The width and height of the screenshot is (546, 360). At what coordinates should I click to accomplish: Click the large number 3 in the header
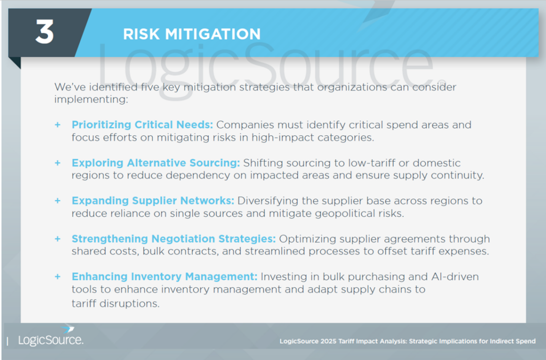[x=45, y=31]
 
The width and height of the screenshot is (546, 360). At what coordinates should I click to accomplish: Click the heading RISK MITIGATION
[x=192, y=34]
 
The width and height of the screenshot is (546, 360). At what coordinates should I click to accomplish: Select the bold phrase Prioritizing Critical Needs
[x=142, y=125]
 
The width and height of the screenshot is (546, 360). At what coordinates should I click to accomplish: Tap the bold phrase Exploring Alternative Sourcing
[x=156, y=163]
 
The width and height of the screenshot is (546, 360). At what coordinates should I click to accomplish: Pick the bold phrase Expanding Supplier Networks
[x=153, y=201]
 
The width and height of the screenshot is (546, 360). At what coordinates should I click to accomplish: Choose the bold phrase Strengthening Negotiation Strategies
[x=173, y=238]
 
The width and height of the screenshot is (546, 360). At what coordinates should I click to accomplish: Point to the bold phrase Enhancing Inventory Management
[x=164, y=276]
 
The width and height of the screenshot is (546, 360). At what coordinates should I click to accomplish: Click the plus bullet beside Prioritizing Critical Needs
[x=58, y=125]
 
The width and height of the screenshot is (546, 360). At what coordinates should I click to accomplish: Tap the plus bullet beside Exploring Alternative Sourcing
[x=58, y=163]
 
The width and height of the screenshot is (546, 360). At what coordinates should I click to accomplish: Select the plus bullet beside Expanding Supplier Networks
[x=58, y=201]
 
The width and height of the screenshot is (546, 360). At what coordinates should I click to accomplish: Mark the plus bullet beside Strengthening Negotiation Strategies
[x=58, y=238]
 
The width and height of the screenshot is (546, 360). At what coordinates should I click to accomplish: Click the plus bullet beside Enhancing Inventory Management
[x=58, y=276]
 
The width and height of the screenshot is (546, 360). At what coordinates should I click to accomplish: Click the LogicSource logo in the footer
[x=51, y=337]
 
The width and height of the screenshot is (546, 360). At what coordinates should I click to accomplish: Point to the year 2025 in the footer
[x=328, y=341]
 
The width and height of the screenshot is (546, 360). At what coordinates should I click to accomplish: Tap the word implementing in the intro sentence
[x=91, y=100]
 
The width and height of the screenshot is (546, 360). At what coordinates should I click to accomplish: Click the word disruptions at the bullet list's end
[x=130, y=303]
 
